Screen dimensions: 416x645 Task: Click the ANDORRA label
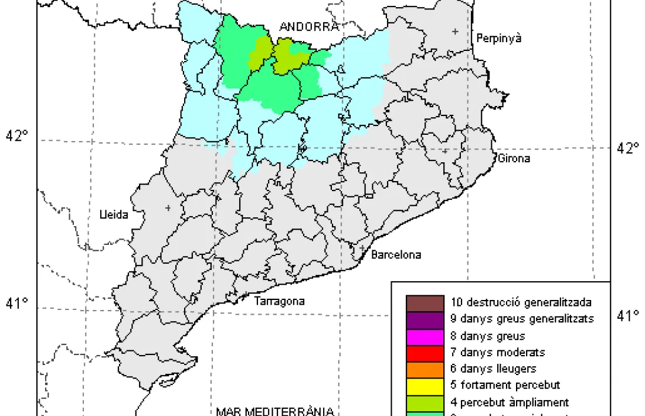309,27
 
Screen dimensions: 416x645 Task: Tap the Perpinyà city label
499,39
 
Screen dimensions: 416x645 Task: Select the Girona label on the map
514,158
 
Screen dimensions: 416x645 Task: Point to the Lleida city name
113,215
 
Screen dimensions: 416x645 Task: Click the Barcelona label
396,255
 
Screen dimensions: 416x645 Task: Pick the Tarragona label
280,302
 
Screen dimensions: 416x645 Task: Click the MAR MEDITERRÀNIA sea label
275,411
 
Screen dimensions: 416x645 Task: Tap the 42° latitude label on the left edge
17,136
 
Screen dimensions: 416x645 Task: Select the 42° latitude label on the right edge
628,148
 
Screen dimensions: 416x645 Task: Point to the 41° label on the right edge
628,316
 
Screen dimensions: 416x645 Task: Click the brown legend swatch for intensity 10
425,304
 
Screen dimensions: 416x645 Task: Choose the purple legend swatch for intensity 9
425,320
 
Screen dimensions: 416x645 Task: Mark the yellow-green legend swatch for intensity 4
425,403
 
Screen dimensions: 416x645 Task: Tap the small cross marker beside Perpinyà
455,31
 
